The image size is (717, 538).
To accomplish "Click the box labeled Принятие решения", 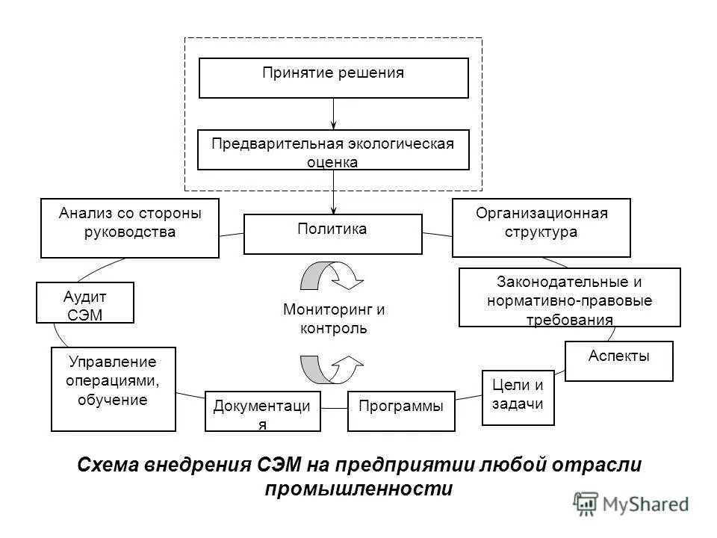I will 333,78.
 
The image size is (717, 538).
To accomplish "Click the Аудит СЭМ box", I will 84,302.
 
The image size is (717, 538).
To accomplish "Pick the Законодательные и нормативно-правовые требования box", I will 569,297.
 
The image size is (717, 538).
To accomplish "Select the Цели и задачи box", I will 518,397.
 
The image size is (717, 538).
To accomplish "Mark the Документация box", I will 262,411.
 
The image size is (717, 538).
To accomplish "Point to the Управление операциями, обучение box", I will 114,389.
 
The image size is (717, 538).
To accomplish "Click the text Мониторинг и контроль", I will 333,318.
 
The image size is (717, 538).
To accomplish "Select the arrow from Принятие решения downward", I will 333,114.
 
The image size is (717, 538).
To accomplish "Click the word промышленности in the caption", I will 359,489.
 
